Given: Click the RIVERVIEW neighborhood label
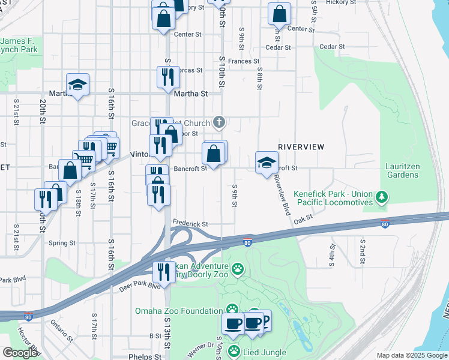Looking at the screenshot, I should point(301,147).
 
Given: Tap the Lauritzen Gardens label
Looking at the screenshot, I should point(402,170).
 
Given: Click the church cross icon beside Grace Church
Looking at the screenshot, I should point(219,123).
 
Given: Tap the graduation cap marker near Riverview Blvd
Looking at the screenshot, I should point(267,162).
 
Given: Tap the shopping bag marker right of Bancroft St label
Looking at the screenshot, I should point(214,154).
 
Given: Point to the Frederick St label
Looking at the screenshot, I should point(190,223).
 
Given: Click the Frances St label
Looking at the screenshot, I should point(243,61).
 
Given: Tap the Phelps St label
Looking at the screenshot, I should point(145,356).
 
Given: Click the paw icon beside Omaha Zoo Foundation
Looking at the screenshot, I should point(232,310).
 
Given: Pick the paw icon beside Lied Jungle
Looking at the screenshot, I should point(234,351).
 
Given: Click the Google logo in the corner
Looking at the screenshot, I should point(20,353).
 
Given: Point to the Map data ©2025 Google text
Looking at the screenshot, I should point(411,355).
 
